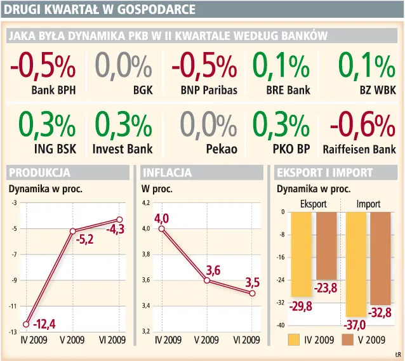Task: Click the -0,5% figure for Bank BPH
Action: click(x=43, y=67)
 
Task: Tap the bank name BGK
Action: click(x=143, y=90)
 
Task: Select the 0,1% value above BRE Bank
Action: click(x=281, y=67)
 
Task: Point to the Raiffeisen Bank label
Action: click(x=359, y=150)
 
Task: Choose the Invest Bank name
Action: click(x=123, y=150)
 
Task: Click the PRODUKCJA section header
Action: click(x=39, y=173)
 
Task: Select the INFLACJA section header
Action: click(x=167, y=173)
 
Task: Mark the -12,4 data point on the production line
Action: click(x=26, y=324)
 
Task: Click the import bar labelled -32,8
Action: click(x=380, y=258)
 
